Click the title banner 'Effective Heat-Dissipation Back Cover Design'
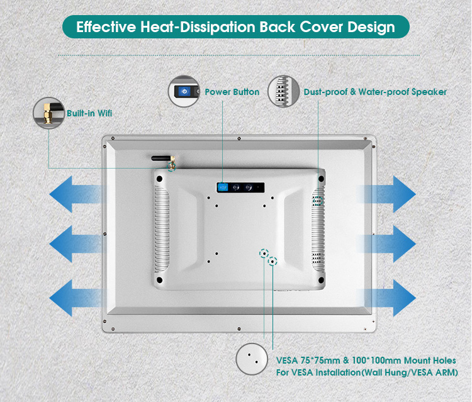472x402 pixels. tap(235, 27)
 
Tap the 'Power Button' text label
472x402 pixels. tap(232, 92)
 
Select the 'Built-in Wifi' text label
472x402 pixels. tap(89, 114)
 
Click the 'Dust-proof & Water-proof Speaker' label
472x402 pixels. tap(375, 92)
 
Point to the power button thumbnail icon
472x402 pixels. tap(184, 92)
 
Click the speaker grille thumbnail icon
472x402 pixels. tap(283, 92)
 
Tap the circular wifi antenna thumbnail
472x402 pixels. tap(48, 114)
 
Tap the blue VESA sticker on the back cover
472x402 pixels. tap(223, 187)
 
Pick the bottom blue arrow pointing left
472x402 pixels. tap(75, 294)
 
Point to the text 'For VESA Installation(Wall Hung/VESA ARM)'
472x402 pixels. tap(366, 372)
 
